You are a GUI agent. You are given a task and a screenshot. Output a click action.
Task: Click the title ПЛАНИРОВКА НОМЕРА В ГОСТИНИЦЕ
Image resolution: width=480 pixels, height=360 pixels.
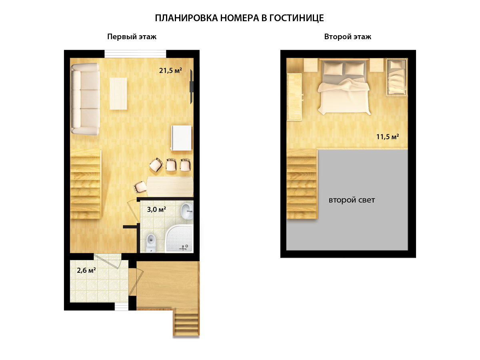[x=239, y=18]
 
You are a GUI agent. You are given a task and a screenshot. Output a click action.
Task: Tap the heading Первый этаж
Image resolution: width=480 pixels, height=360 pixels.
[x=132, y=37]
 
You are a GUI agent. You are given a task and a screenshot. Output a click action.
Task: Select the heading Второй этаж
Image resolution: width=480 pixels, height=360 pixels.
[x=348, y=37]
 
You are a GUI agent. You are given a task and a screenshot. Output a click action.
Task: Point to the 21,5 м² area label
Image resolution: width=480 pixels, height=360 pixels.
[x=170, y=71]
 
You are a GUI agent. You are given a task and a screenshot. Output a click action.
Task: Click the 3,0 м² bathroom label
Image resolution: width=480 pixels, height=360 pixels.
[x=156, y=210]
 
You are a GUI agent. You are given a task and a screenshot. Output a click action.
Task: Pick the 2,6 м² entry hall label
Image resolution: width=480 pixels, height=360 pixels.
[x=86, y=270]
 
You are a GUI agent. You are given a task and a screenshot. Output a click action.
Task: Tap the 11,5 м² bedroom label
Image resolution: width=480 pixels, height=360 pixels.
[x=388, y=137]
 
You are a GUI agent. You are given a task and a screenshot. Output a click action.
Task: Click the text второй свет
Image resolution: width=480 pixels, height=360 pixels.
[x=352, y=200]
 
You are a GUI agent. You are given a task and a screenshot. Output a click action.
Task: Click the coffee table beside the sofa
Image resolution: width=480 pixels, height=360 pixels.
[x=118, y=94]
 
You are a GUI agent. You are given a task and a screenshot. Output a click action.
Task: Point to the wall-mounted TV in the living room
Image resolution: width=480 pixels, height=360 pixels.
[x=191, y=87]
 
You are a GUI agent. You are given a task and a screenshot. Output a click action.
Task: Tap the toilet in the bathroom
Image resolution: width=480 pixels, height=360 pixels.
[x=151, y=243]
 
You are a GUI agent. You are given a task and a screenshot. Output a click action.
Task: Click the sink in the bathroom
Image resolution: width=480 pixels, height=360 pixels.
[x=187, y=211]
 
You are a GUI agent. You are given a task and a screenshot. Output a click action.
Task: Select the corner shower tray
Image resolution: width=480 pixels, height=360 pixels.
[x=179, y=238]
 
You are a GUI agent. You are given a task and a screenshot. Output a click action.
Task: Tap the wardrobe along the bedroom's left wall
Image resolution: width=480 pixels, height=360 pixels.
[x=294, y=97]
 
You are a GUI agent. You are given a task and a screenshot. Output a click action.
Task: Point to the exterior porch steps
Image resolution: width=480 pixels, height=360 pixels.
[x=186, y=323]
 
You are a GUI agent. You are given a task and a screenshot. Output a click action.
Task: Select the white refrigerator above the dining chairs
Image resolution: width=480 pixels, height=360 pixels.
[x=182, y=138]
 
